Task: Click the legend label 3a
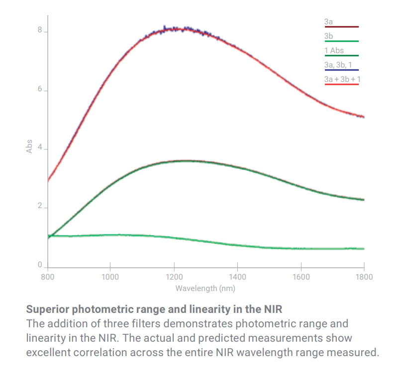[x=328, y=22]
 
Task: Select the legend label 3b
[x=328, y=36]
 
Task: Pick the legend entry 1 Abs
[x=333, y=51]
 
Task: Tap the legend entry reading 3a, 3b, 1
[x=338, y=65]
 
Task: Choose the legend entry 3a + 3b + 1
[x=341, y=79]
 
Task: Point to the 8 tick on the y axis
[x=39, y=31]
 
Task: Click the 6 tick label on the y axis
[x=39, y=90]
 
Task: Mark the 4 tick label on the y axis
[x=39, y=148]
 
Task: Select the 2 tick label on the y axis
[x=39, y=207]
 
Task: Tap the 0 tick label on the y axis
[x=39, y=266]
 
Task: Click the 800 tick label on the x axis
[x=48, y=277]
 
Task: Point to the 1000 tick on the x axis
[x=110, y=277]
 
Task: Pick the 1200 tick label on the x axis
[x=174, y=277]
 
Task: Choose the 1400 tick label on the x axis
[x=238, y=277]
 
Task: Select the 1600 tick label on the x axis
[x=301, y=277]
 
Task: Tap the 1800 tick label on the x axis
[x=364, y=277]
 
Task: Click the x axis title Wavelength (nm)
[x=205, y=288]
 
